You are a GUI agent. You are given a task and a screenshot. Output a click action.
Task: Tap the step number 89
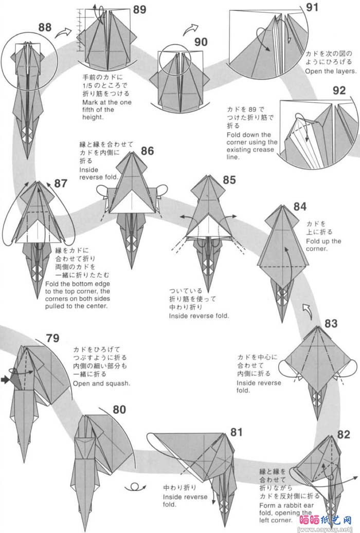(x=139, y=9)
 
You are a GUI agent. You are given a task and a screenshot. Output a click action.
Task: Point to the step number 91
(x=312, y=7)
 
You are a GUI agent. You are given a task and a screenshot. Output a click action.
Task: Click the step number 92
(x=339, y=91)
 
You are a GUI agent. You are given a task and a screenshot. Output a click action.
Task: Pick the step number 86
(x=147, y=151)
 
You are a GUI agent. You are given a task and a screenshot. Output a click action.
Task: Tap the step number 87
(x=61, y=183)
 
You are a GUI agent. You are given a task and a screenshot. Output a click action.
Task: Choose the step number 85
(x=229, y=179)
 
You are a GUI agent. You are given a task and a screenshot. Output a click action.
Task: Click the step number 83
(x=331, y=324)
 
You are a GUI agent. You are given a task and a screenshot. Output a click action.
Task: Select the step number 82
(x=344, y=434)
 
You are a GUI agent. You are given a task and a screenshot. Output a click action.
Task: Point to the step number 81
(x=236, y=432)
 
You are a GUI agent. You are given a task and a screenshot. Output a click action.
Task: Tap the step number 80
(x=119, y=410)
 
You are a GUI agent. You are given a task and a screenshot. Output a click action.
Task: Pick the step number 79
(x=52, y=338)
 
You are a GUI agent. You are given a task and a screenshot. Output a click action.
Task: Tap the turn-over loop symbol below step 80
(x=134, y=487)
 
